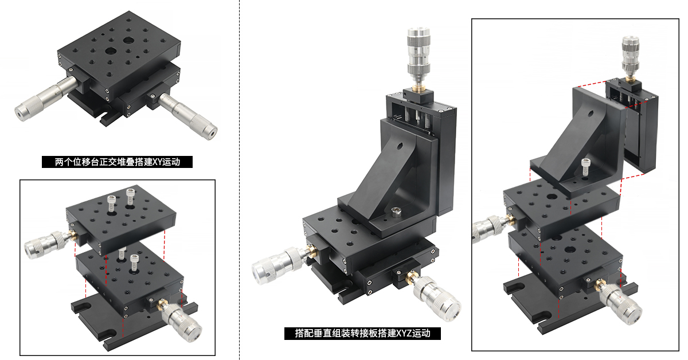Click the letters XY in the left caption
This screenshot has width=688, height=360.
(x=157, y=162)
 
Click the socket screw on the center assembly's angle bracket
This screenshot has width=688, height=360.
(x=396, y=212)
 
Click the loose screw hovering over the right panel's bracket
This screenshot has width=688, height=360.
(x=585, y=167)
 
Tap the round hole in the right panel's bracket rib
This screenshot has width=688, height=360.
(x=590, y=114)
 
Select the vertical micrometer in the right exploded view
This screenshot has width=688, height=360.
(x=631, y=57)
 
